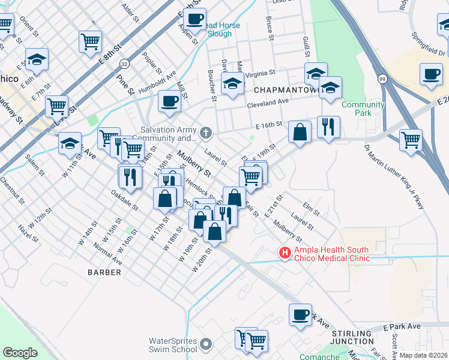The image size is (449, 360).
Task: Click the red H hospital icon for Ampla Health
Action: (285, 254)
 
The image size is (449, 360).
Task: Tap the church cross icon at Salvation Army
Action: (206, 132)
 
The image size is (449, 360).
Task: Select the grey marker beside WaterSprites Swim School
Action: (206, 344)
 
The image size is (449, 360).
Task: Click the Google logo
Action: (20, 353)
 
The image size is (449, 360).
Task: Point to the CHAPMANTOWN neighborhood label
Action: (284, 89)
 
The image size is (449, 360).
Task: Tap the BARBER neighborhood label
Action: (104, 272)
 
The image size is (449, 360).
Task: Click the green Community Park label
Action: (363, 109)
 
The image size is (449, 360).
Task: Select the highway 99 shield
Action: (382, 78)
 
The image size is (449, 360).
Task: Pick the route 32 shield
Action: (124, 63)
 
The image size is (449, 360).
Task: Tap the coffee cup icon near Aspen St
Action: (194, 19)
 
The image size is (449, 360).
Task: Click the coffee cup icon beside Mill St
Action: (169, 101)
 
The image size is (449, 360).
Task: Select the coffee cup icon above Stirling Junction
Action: (300, 315)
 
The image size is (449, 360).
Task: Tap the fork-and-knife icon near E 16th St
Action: (328, 127)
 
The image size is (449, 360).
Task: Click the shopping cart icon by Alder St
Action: (89, 41)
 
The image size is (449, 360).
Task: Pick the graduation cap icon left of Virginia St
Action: (232, 84)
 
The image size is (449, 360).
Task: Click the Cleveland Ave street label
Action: (268, 103)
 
